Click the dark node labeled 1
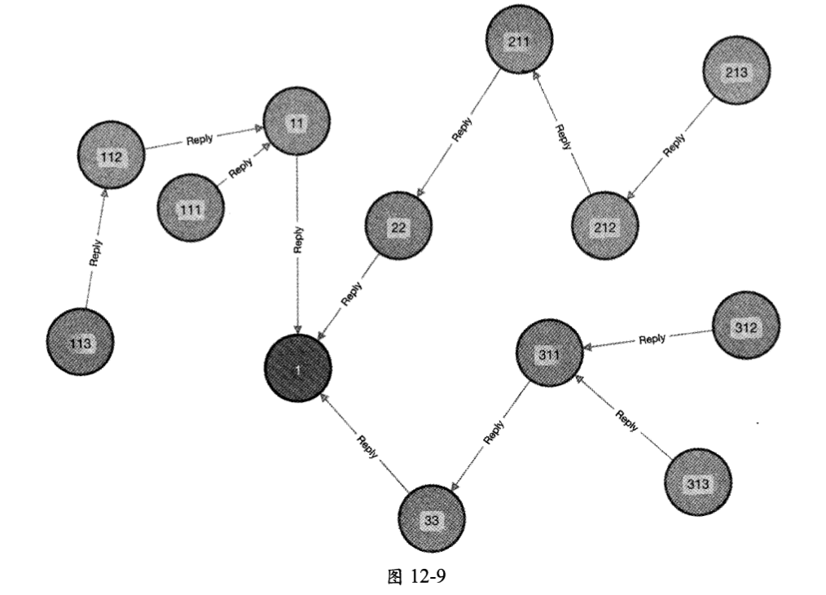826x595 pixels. [x=297, y=369]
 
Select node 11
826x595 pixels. [x=297, y=122]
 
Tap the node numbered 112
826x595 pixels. [x=112, y=155]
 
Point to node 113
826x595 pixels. [x=79, y=342]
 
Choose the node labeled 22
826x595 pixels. [x=398, y=226]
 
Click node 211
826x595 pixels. [x=519, y=39]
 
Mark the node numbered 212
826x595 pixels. [x=604, y=225]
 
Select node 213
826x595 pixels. [x=736, y=72]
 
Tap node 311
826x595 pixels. [x=550, y=352]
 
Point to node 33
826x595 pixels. [x=432, y=518]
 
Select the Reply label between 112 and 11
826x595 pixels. [x=200, y=139]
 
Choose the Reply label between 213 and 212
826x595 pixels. [x=674, y=145]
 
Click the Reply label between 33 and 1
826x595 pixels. [x=367, y=447]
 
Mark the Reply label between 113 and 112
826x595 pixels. [x=95, y=253]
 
